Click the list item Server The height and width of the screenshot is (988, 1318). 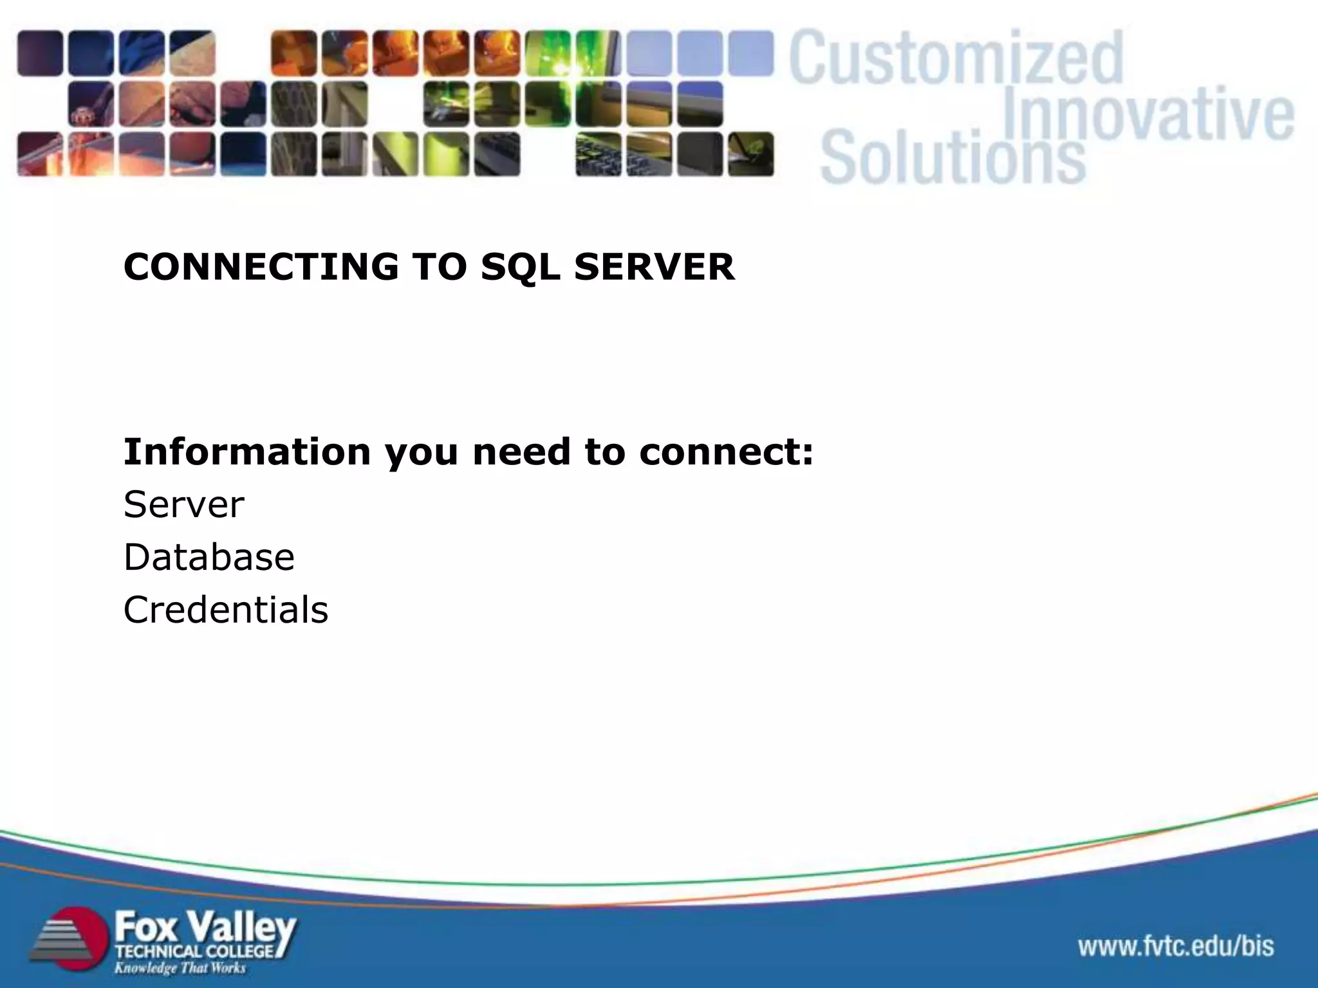tap(183, 504)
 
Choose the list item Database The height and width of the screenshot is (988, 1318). tap(209, 557)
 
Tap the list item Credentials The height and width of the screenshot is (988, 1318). tap(225, 610)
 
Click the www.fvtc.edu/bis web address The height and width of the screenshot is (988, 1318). tap(1176, 946)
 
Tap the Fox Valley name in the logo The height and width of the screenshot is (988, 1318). tap(205, 928)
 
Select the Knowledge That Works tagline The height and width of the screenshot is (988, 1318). tap(180, 967)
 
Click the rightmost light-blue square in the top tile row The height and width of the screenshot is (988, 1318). tap(750, 53)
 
